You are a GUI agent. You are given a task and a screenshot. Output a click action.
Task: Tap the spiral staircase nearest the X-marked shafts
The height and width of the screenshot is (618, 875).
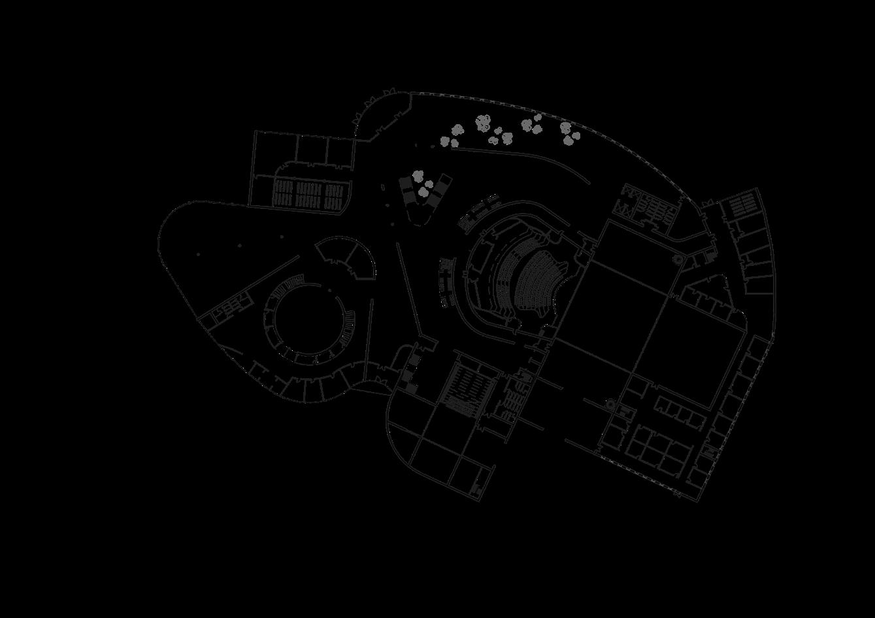[678, 259]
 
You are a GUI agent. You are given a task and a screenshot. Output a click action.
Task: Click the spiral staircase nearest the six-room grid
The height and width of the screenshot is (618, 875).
[610, 404]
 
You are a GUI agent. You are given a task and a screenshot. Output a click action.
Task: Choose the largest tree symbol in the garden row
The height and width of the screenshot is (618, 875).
[483, 122]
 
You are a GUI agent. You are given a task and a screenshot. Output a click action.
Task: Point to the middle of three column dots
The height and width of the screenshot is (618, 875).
[239, 246]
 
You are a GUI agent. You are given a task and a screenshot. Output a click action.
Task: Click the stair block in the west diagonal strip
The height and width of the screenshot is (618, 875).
[224, 308]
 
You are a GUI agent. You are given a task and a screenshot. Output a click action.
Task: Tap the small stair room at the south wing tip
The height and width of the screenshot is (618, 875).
[477, 488]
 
